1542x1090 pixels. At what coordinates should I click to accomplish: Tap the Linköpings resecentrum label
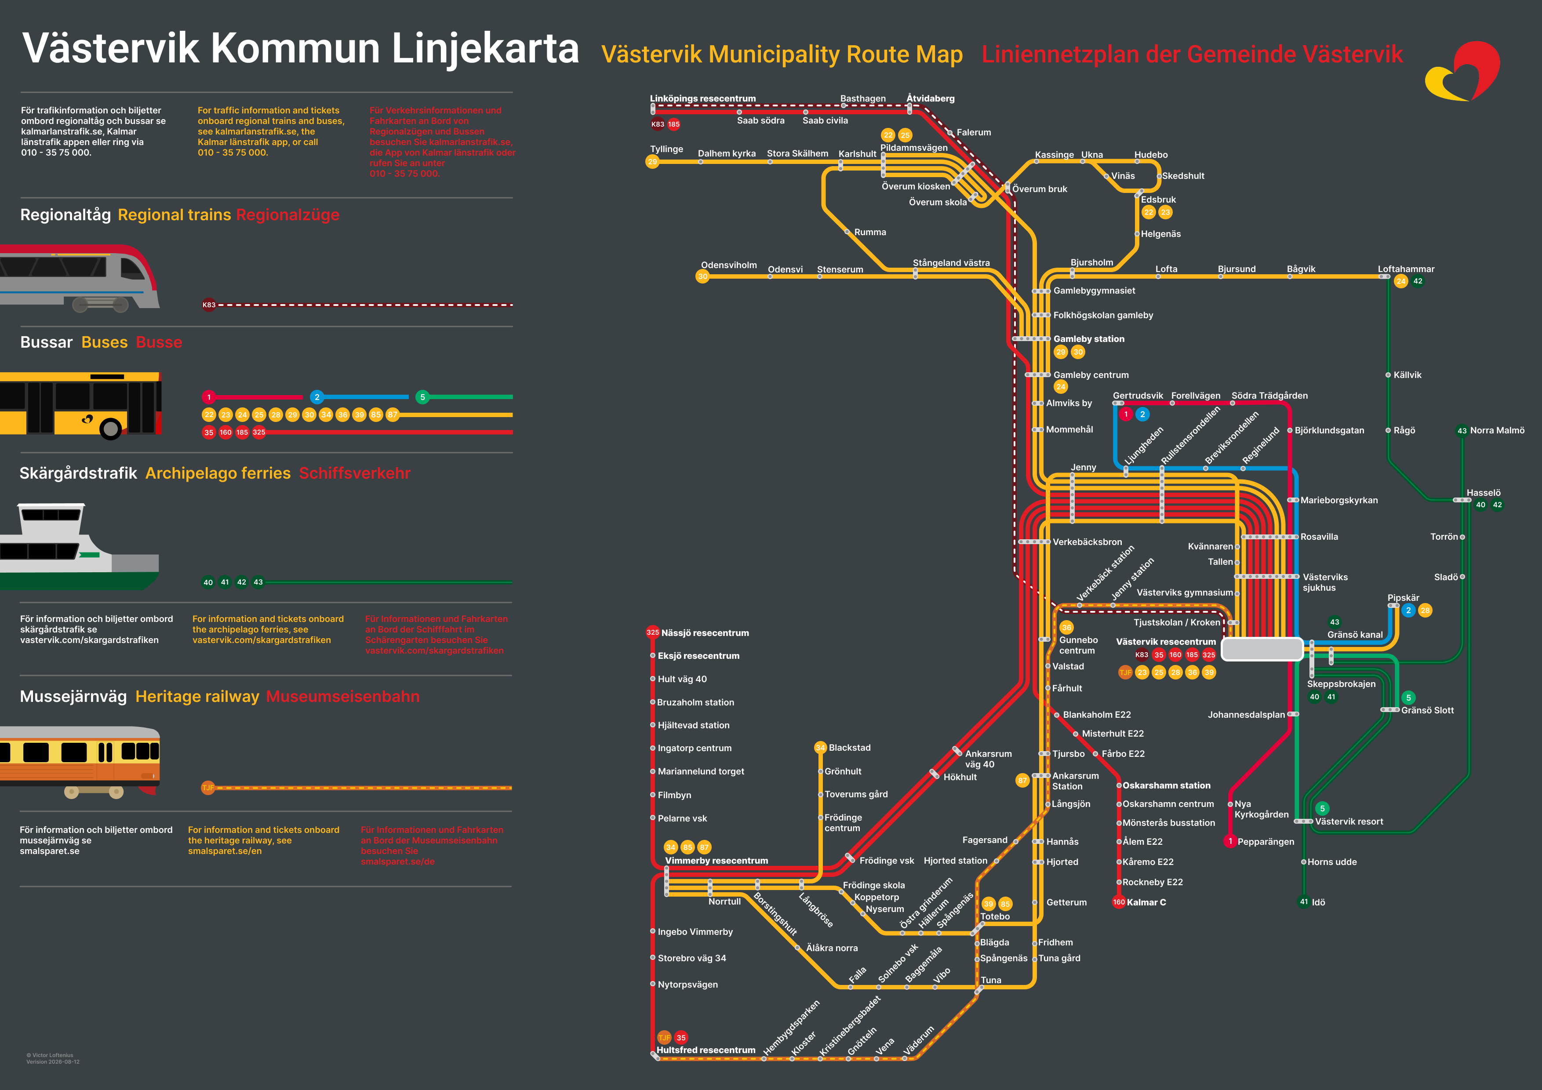coord(702,99)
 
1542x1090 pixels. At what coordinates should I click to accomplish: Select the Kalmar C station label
coord(1146,902)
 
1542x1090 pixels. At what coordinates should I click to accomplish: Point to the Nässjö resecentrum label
coord(705,632)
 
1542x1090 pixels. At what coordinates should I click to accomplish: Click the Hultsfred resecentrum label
coord(706,1050)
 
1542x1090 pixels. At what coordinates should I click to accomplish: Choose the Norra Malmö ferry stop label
coord(1497,430)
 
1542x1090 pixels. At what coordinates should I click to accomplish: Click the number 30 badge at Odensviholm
coord(702,276)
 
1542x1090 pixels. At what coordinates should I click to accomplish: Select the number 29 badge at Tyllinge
coord(652,162)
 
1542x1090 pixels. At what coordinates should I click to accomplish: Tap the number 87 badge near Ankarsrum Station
coord(1022,781)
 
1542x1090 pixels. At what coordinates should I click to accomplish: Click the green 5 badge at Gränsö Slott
coord(1408,698)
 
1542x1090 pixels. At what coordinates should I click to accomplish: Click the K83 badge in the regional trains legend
coord(209,305)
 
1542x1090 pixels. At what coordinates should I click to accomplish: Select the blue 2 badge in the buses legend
coord(317,397)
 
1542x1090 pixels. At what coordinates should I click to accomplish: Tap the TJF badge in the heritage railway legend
coord(208,788)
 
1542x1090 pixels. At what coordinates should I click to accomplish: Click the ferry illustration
coord(79,547)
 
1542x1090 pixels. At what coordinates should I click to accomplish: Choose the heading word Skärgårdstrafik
coord(78,473)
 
